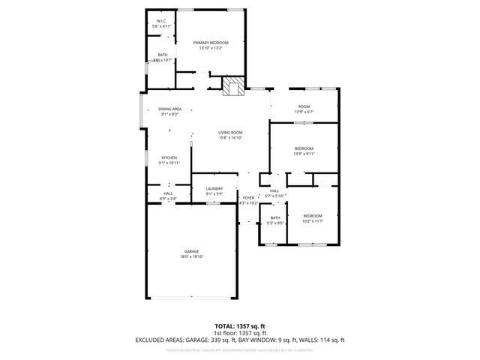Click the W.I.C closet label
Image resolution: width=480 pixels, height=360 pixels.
tap(161, 20)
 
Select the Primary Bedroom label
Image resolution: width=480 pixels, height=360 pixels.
tap(210, 43)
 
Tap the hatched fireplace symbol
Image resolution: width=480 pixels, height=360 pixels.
tap(233, 87)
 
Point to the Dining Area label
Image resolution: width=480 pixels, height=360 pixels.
tap(169, 109)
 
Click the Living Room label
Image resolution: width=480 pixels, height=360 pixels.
tap(230, 132)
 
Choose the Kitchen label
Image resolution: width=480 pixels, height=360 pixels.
tap(169, 157)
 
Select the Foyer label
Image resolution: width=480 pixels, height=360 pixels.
tap(247, 197)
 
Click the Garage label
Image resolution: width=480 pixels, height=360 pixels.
tap(192, 251)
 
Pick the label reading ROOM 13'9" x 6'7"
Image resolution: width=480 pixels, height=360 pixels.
tap(304, 106)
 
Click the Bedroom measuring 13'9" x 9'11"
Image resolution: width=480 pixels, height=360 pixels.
tap(304, 148)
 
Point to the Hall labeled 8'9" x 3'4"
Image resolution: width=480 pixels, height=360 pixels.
tap(168, 193)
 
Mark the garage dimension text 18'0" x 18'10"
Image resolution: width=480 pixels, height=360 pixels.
tap(192, 256)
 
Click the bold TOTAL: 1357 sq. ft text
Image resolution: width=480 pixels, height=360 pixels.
tap(240, 325)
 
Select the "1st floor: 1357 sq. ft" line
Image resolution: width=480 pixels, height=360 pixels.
tap(240, 332)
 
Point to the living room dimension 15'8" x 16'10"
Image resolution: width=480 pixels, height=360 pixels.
tap(230, 138)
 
